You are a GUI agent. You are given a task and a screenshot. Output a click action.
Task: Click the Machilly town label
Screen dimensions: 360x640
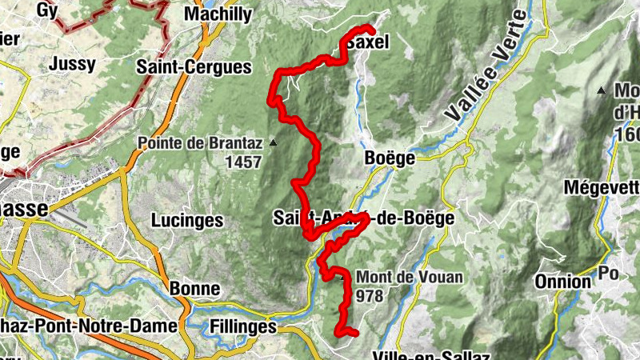pos(217,14)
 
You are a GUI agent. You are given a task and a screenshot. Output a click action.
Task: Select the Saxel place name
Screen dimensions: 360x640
pos(369,42)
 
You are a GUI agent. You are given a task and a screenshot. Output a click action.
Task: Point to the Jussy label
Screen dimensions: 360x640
pos(71,63)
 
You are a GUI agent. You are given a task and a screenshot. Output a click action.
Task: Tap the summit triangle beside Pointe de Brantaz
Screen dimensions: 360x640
pos(274,143)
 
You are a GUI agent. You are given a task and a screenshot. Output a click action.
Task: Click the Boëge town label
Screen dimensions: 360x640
pos(389,158)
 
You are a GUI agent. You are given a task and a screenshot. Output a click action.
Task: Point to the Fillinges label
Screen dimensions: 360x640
pos(242,326)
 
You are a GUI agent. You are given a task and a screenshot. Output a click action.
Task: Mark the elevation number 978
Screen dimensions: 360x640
pos(372,296)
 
